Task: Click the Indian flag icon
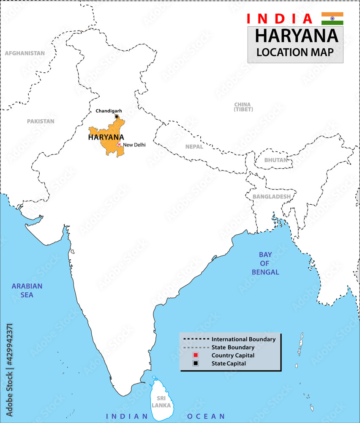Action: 332,19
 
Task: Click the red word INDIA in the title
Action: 279,19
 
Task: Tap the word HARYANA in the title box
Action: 297,36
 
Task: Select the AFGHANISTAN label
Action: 25,53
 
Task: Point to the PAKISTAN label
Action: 41,121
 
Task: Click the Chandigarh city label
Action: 109,111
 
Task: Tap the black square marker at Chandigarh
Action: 117,116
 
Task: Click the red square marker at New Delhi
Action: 119,145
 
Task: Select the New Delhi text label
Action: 134,145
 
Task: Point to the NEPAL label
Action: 194,147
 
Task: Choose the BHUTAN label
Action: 275,160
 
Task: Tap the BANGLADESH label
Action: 271,197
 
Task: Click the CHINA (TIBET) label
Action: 243,107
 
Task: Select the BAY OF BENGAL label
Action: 265,263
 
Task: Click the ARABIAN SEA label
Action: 27,290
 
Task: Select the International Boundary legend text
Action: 243,339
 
